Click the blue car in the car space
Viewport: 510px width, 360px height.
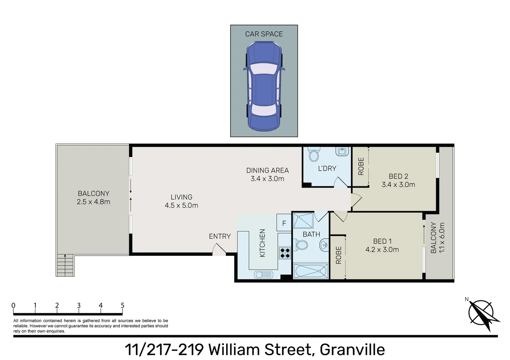tap(264, 86)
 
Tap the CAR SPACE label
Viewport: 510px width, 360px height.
tap(264, 34)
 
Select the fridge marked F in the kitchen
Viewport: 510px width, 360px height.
tap(284, 223)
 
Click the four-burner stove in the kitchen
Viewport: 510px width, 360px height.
tap(285, 253)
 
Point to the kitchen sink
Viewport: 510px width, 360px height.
tap(264, 275)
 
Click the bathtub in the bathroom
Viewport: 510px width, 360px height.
tap(311, 271)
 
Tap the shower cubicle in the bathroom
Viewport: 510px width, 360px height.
tap(303, 220)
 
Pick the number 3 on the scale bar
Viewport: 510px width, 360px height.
tap(79, 305)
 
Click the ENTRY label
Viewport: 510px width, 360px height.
tap(220, 236)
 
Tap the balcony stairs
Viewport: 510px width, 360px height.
tap(65, 265)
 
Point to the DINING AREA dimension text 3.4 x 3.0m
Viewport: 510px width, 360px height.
tap(267, 179)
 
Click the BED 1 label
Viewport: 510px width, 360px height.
tap(382, 241)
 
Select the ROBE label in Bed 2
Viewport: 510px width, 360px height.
tap(361, 166)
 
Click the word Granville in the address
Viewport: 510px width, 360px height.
tap(352, 350)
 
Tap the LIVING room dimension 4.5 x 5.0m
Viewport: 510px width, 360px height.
tap(181, 205)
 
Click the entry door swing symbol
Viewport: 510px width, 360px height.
tap(219, 249)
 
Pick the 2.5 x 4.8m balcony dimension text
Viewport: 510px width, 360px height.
tap(93, 202)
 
